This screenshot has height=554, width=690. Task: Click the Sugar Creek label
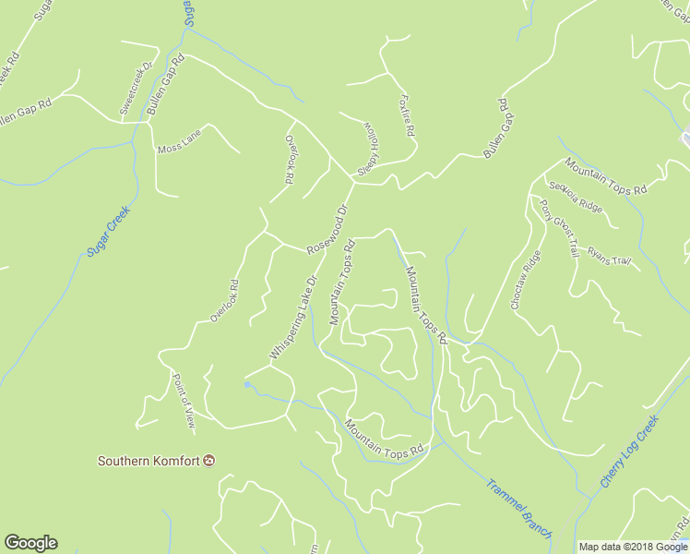click(x=109, y=231)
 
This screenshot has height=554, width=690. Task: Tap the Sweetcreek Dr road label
click(x=136, y=90)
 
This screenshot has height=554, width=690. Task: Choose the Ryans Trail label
click(x=609, y=257)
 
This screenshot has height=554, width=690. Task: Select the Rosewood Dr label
click(x=327, y=230)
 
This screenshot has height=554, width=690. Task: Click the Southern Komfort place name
click(x=149, y=461)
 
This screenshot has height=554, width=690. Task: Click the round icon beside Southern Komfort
click(x=209, y=461)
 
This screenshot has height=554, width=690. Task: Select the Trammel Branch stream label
click(x=518, y=508)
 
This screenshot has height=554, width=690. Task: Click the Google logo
click(x=30, y=543)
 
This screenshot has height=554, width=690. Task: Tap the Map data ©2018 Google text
click(x=633, y=547)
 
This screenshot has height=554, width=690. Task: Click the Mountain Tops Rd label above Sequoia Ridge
click(x=606, y=176)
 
